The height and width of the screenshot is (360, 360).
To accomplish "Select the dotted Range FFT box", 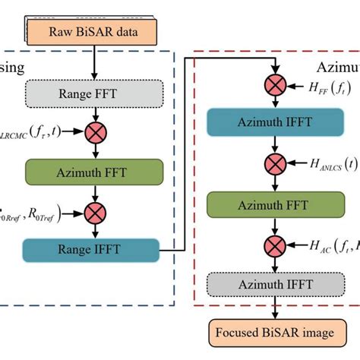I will point(93,96).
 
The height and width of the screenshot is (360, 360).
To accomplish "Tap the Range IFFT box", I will point(93,248).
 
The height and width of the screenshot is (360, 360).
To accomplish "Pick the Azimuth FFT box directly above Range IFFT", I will point(93,172).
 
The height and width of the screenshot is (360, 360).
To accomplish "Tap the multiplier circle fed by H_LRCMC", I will point(93,133).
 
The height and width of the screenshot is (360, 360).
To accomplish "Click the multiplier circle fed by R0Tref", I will point(93,210).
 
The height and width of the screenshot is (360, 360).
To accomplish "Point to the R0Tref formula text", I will point(33,211).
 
